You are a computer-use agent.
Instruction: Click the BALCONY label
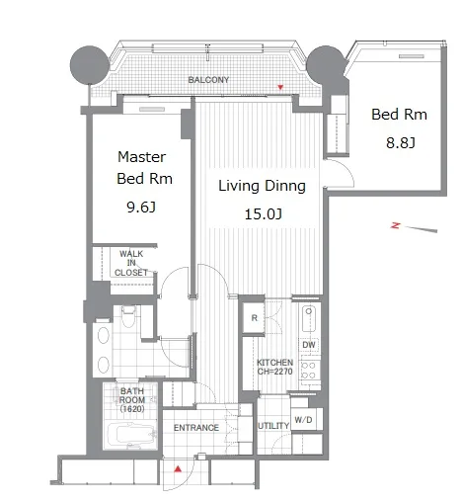click(208, 80)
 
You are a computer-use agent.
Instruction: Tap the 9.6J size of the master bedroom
click(141, 208)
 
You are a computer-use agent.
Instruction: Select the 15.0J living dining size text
click(263, 214)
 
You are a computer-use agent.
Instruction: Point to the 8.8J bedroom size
click(401, 143)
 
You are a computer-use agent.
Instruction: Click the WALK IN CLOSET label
click(131, 263)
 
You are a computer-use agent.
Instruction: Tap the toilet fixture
click(128, 316)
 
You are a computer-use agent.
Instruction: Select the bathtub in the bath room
click(131, 435)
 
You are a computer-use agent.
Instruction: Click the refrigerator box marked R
click(254, 318)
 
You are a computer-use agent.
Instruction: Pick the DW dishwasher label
click(309, 345)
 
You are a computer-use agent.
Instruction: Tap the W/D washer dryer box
click(303, 420)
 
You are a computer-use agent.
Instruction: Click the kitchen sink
click(309, 319)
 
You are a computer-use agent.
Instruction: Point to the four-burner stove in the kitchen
click(310, 371)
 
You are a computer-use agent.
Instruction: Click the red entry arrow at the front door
click(178, 469)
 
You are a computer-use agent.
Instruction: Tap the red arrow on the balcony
click(280, 87)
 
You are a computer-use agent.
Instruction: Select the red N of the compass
click(395, 225)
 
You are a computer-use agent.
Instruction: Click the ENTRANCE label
click(196, 428)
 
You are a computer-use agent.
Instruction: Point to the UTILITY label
click(273, 426)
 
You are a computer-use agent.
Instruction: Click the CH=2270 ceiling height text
click(274, 372)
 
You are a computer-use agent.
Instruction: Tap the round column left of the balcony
click(90, 65)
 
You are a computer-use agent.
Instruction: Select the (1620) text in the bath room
click(132, 409)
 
